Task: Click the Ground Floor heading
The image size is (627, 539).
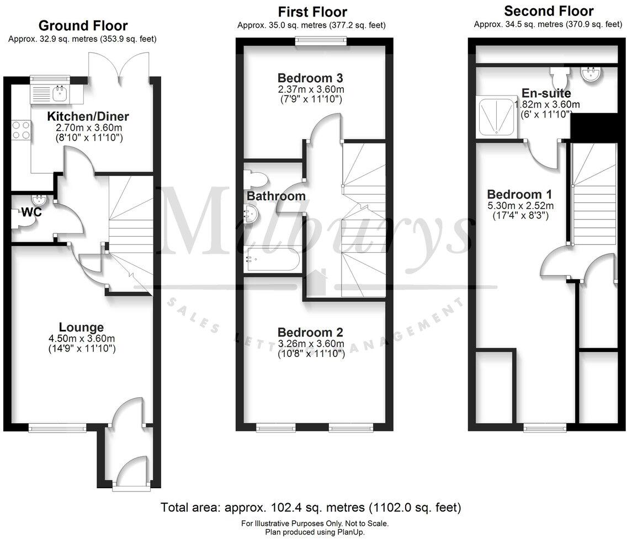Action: [x=83, y=25]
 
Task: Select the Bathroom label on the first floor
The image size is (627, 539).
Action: [x=275, y=196]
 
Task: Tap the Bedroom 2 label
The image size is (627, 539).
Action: [x=310, y=332]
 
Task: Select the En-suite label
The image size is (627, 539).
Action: [x=546, y=93]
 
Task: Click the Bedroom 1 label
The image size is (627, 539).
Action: [x=519, y=194]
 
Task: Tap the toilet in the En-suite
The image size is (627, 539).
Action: [x=557, y=74]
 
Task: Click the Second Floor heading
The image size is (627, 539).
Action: [x=548, y=11]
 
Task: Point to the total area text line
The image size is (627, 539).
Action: [x=311, y=507]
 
